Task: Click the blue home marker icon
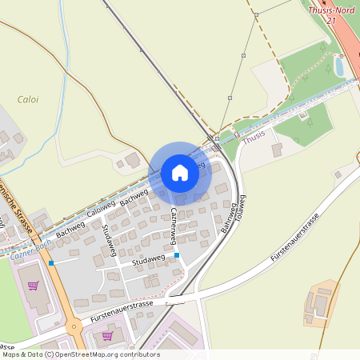[x=180, y=173]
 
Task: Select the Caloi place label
[x=28, y=100]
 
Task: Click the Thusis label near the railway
[x=254, y=137]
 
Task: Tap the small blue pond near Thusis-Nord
[x=340, y=66]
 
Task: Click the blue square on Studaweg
[x=176, y=255]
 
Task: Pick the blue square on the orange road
[x=50, y=262]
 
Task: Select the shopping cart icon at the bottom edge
[x=107, y=336]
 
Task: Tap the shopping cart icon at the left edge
[x=33, y=285]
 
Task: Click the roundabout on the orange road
[x=74, y=326]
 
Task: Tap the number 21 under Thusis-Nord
[x=330, y=20]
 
